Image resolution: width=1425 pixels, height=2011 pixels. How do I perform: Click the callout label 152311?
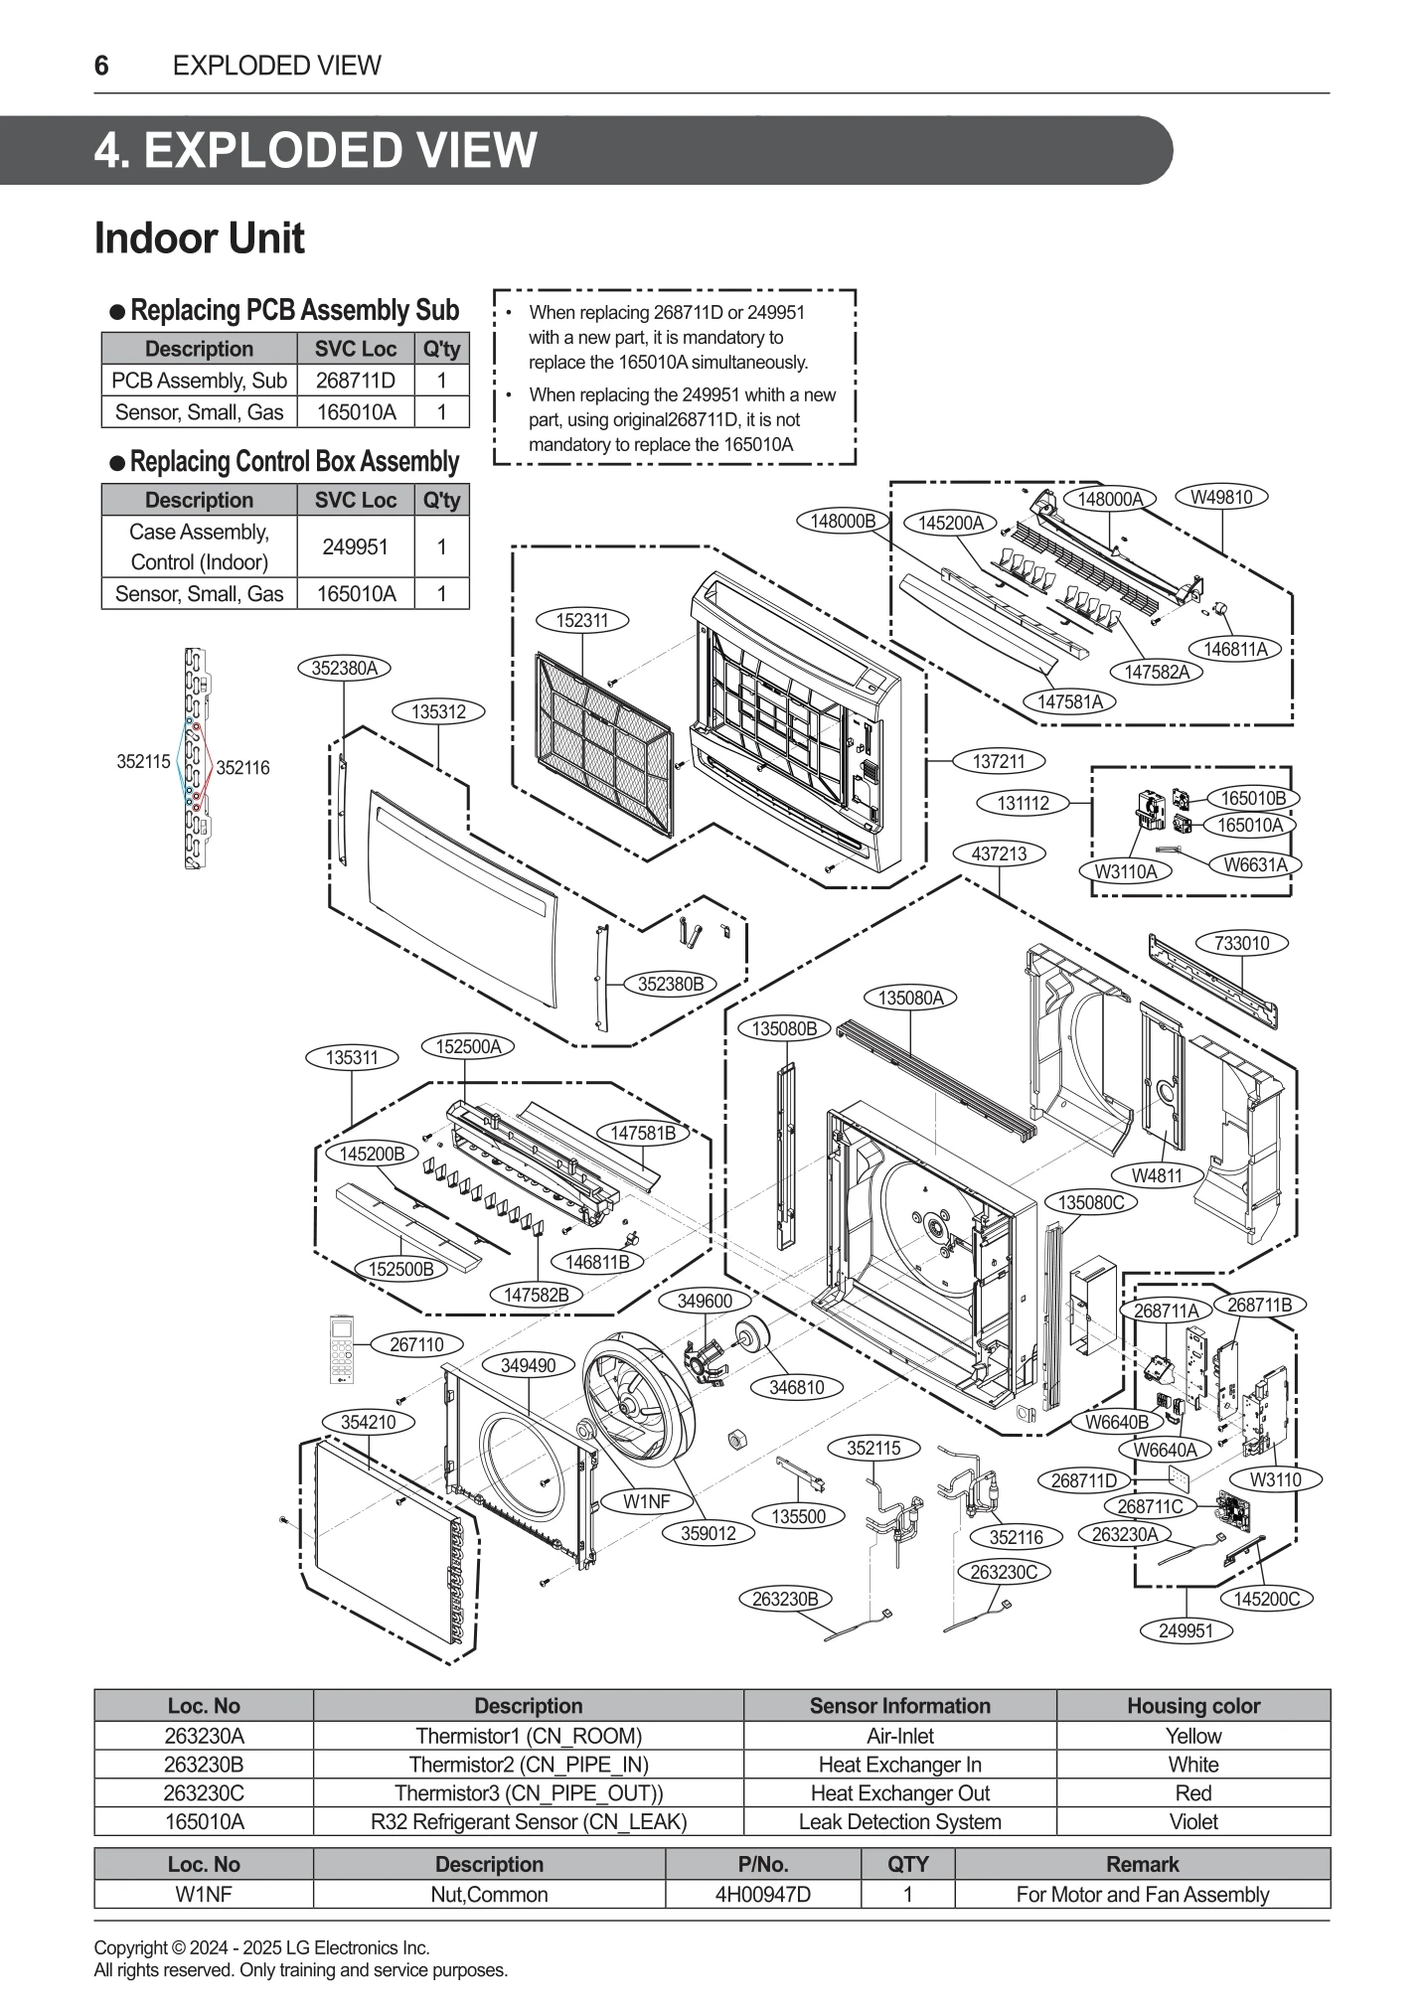(x=582, y=620)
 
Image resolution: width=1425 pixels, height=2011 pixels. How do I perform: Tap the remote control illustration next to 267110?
(x=343, y=1348)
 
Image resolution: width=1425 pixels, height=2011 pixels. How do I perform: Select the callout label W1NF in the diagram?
(x=646, y=1501)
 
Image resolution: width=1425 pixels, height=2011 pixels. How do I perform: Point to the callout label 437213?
(x=999, y=853)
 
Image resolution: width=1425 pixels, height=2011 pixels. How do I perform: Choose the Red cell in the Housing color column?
(x=1192, y=1792)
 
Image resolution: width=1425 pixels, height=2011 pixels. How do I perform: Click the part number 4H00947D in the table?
(x=762, y=1894)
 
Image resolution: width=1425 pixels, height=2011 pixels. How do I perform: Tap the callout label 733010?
(x=1242, y=943)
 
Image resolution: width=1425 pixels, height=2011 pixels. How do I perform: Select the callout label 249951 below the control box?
(x=1186, y=1630)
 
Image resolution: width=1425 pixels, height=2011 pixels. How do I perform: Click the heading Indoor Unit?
(x=199, y=238)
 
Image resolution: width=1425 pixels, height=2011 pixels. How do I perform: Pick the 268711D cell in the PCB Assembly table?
(x=355, y=381)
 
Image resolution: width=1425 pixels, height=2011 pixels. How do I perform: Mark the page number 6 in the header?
(x=101, y=66)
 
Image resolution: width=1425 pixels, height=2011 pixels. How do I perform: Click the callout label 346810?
(x=796, y=1387)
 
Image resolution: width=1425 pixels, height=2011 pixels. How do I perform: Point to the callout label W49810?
(x=1221, y=497)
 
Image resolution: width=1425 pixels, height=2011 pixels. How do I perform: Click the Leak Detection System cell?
(x=899, y=1821)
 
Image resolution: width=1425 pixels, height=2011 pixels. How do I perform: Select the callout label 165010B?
(x=1251, y=798)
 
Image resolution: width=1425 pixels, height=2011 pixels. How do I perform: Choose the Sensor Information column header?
(x=899, y=1705)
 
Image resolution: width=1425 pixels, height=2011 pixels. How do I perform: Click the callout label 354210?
(x=368, y=1422)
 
